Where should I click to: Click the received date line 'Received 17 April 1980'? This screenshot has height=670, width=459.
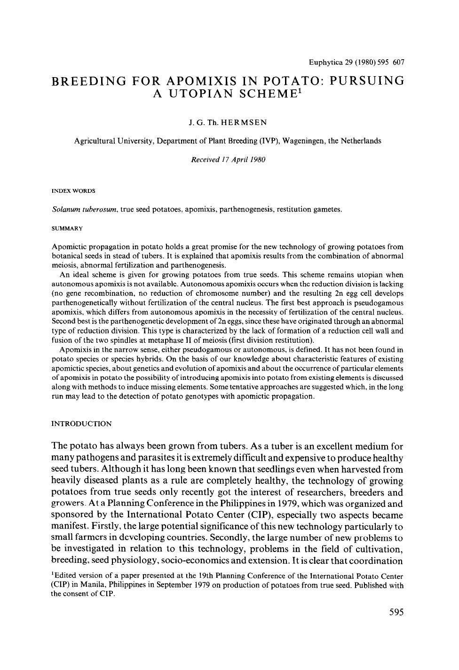click(x=228, y=159)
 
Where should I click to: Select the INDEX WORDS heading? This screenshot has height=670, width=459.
click(x=73, y=191)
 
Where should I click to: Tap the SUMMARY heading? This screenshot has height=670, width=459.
click(x=67, y=229)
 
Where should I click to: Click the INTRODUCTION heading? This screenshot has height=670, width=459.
click(x=81, y=424)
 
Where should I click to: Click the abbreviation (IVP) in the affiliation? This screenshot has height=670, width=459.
click(x=269, y=141)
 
